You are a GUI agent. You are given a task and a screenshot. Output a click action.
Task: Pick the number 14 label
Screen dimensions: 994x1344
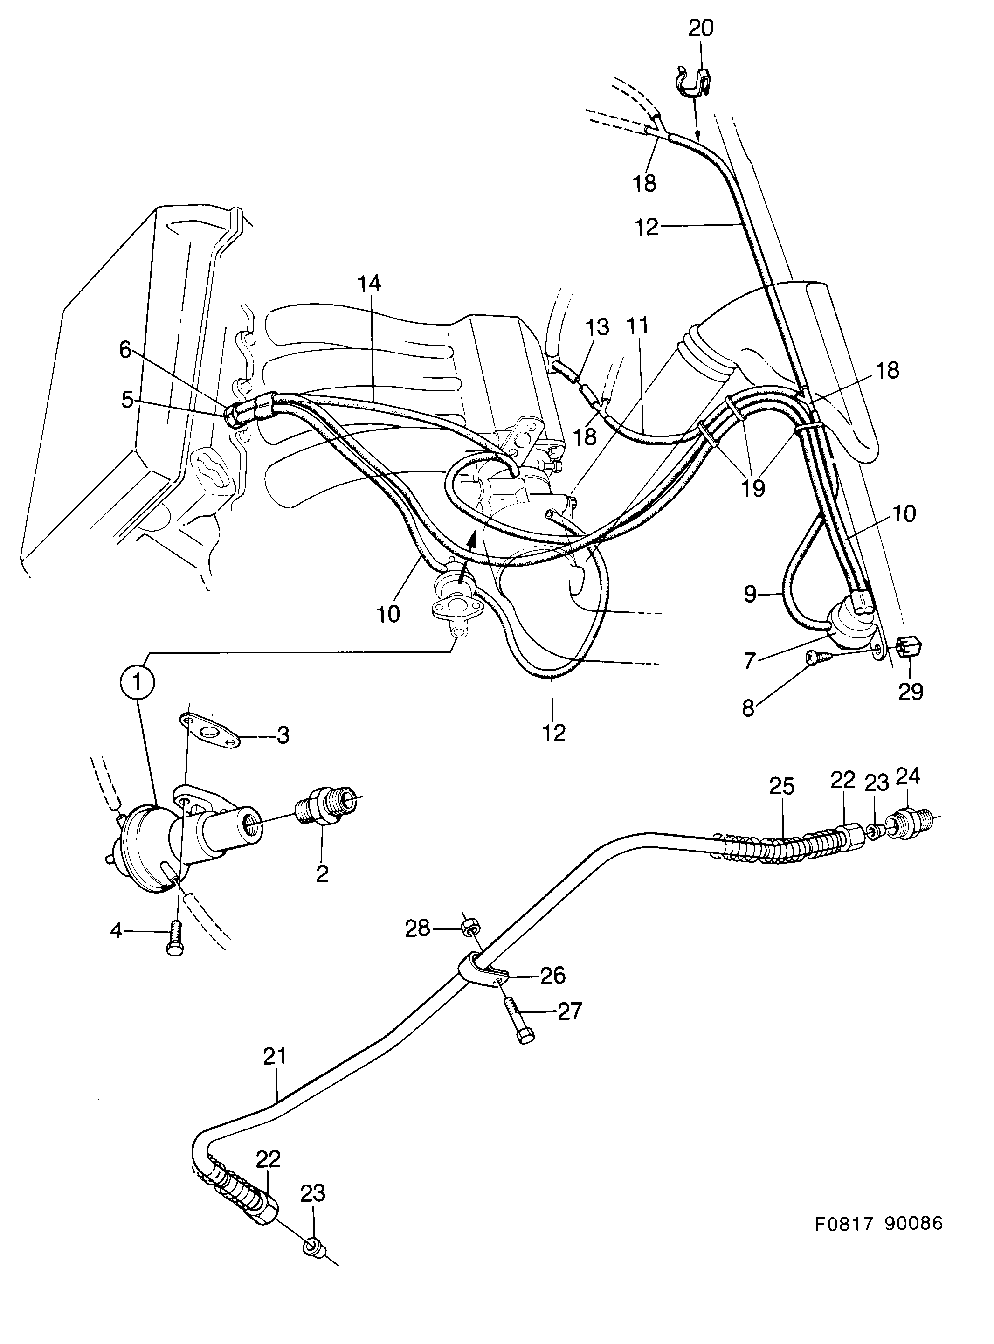coord(370,284)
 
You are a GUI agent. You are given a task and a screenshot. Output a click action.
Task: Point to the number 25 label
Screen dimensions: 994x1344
coord(781,787)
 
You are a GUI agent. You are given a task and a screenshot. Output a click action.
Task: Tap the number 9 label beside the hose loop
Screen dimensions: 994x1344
coord(750,594)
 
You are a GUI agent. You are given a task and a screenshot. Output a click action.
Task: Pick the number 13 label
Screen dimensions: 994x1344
coord(596,327)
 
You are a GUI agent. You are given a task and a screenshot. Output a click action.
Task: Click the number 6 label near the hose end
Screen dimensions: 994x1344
coord(125,350)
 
